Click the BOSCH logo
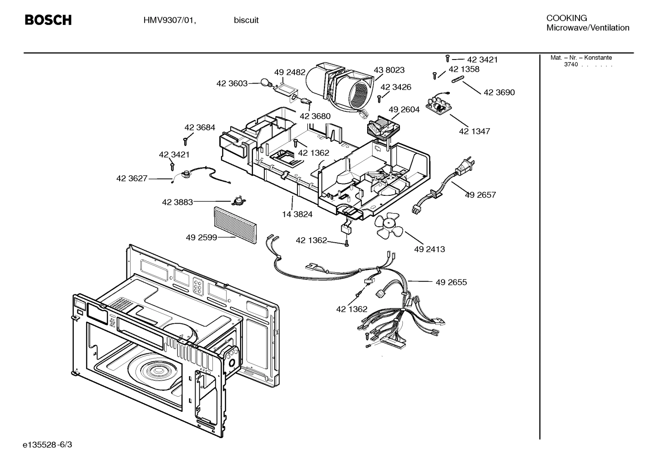48,20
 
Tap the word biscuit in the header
246,20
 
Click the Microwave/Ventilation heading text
588,28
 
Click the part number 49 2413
429,249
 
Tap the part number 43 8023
389,70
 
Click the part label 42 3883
177,202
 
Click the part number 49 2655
451,282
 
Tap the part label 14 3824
297,214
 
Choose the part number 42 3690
499,92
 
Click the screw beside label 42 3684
186,140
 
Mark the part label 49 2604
404,110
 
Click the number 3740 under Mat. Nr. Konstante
570,65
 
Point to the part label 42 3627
132,179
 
